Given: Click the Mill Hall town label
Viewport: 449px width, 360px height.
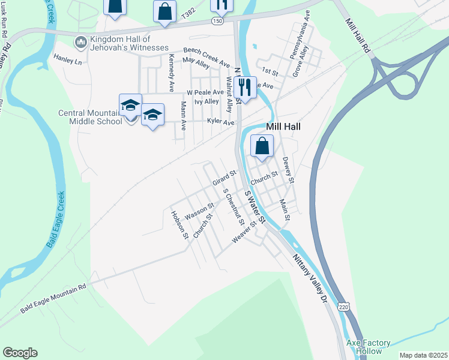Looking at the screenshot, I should click(283, 127).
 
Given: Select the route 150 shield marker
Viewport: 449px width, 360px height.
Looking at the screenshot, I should click(217, 21).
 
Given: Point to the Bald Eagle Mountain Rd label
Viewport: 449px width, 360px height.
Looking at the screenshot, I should click(53, 298).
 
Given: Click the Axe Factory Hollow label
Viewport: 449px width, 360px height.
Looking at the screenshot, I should click(369, 347).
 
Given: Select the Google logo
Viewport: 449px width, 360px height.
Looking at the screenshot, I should click(20, 353).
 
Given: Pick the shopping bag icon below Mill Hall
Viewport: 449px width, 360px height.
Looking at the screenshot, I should click(262, 146).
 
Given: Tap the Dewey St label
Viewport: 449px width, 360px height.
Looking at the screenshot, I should click(288, 170).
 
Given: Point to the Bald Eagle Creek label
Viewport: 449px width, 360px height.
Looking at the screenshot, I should click(55, 220).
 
